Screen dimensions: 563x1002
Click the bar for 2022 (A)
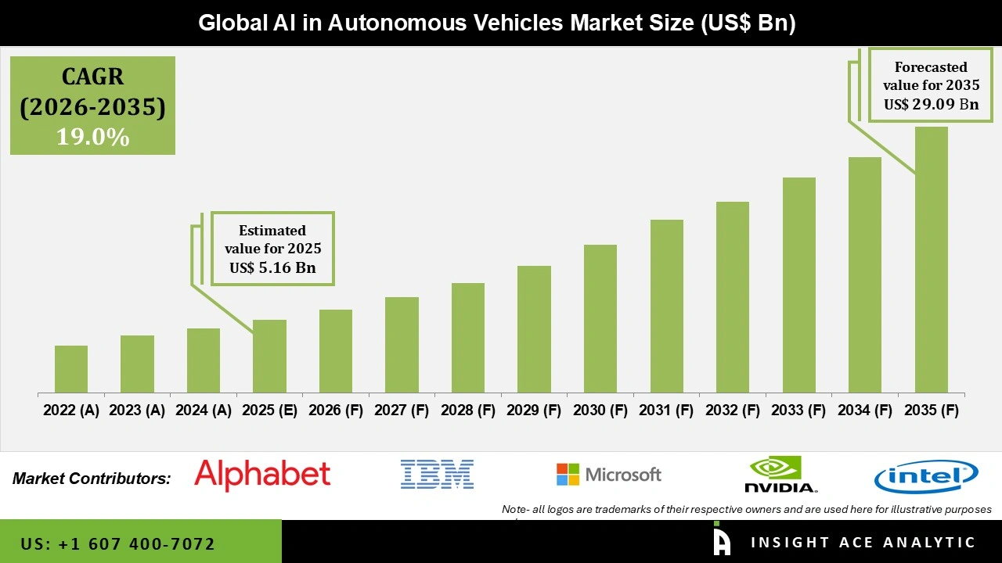coord(71,369)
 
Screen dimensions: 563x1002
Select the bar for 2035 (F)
coord(931,260)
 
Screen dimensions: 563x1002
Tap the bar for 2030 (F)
coord(600,318)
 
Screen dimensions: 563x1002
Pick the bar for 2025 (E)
coord(269,356)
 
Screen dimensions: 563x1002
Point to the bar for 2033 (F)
coord(798,285)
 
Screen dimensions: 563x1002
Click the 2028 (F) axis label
coord(468,411)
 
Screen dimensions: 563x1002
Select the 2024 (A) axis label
coord(204,411)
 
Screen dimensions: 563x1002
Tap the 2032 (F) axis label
coord(733,411)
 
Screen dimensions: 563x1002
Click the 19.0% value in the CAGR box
coord(92,137)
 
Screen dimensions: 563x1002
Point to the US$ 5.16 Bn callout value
coord(272,267)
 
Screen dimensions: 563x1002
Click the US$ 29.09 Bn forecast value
coord(931,104)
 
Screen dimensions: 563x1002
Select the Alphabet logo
coord(262,475)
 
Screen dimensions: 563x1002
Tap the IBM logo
coord(437,475)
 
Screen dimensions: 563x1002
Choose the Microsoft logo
coord(609,475)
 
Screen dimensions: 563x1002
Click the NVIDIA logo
coord(780,475)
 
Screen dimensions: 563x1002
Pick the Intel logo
coord(926,476)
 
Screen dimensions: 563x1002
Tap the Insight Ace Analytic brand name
coord(863,543)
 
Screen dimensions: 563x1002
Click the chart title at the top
coord(497,23)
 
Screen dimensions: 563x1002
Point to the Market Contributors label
coord(92,478)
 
